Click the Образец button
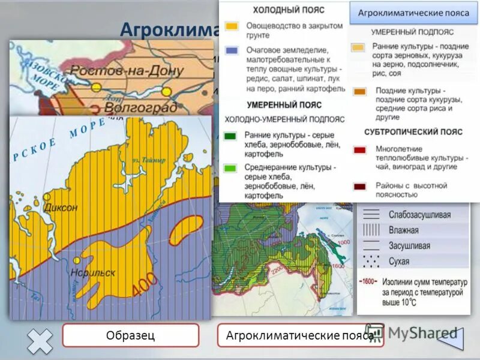[130, 335]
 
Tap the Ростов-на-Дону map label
[127, 70]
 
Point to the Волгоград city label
[140, 107]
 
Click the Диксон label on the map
[61, 208]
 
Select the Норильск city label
[92, 272]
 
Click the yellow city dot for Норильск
[76, 261]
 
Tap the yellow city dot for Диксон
[47, 197]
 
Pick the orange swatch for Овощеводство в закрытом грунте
[232, 27]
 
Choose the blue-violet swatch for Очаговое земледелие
[232, 51]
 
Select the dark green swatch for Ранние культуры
[231, 136]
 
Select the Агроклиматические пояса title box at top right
[413, 13]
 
